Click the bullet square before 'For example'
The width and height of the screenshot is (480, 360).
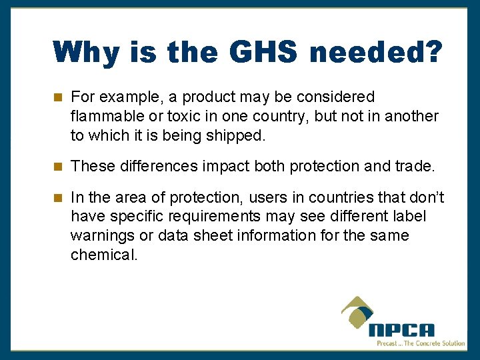click(x=58, y=98)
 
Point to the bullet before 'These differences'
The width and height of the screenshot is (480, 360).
click(x=58, y=166)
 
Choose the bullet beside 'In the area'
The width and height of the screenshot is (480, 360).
click(x=58, y=198)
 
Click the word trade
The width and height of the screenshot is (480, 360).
click(x=413, y=166)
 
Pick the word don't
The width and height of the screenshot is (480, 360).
click(x=425, y=198)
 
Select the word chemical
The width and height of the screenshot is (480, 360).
click(x=103, y=255)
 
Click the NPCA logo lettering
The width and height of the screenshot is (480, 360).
click(x=401, y=330)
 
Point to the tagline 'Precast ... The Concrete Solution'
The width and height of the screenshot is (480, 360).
click(x=420, y=343)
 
